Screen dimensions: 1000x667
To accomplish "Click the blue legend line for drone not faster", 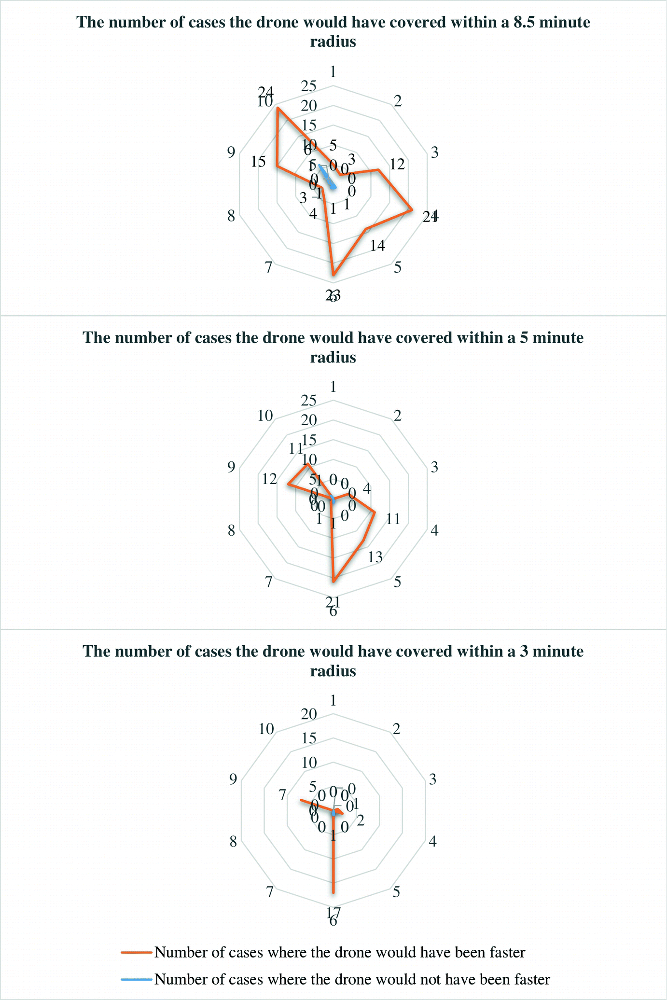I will point(137,979).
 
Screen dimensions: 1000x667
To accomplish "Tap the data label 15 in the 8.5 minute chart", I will point(259,162).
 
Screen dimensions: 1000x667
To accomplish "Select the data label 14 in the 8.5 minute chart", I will point(378,246).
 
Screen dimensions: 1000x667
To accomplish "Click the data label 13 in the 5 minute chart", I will point(375,557).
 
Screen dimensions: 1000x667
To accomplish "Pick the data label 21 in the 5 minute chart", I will point(333,601).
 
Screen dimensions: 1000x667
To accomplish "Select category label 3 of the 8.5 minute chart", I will point(434,153).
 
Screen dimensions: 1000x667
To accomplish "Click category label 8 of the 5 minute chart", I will point(232,531).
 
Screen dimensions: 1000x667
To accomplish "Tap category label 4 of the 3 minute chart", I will point(433,842).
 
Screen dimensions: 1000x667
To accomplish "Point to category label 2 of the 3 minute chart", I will point(397,729).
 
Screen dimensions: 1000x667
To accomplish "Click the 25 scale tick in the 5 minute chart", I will point(308,401).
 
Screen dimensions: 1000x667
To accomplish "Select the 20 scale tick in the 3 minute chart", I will point(308,714).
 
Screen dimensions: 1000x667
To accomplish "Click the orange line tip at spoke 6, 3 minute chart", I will point(333,893).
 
